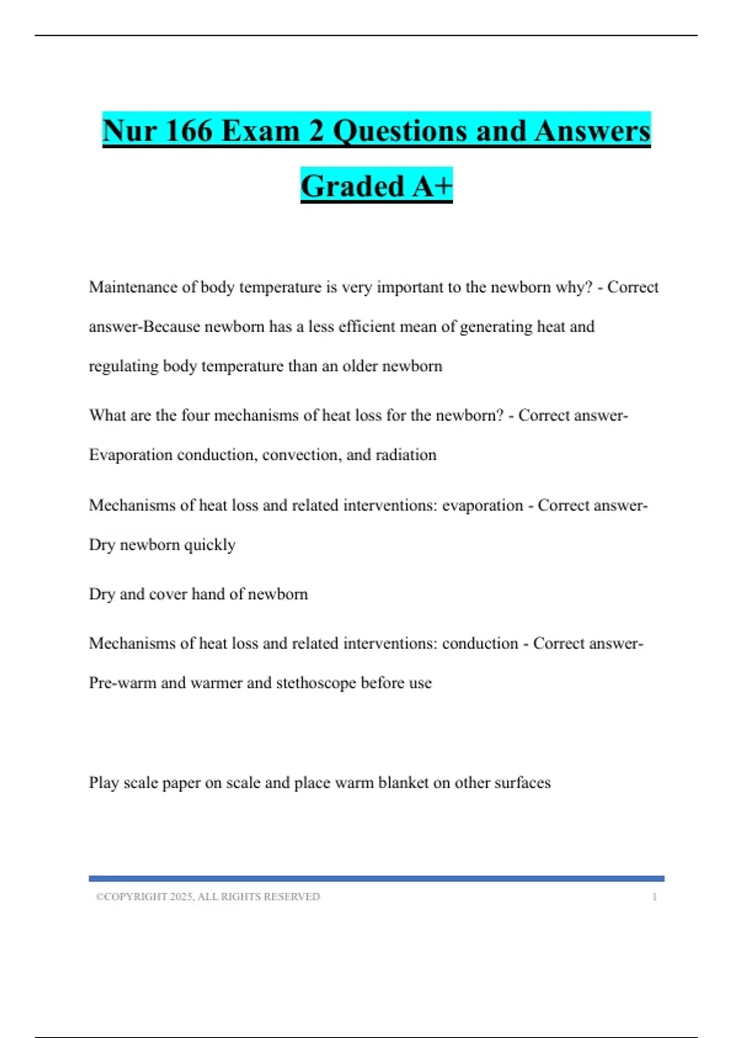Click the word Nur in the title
[x=128, y=131]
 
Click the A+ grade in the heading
[x=432, y=186]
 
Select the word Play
[x=104, y=783]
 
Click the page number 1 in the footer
[x=654, y=897]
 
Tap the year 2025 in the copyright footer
[x=181, y=897]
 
